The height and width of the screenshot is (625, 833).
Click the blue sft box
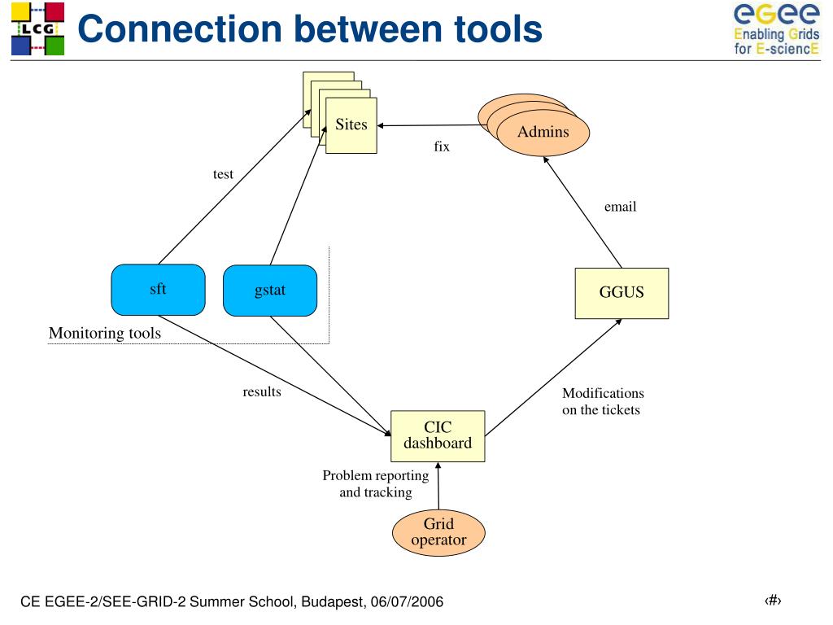click(158, 290)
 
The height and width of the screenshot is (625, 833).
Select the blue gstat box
click(270, 291)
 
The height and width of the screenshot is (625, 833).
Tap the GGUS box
click(621, 293)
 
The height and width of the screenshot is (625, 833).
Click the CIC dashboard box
click(438, 436)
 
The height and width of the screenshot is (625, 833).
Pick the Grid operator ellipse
click(438, 532)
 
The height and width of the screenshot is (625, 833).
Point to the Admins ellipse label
click(543, 132)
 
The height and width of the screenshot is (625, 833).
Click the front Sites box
click(351, 125)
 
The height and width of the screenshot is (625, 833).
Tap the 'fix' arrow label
click(442, 146)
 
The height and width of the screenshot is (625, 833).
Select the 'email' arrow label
click(620, 207)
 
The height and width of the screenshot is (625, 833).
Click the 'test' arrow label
click(223, 174)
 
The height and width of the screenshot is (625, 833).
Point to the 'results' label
click(262, 391)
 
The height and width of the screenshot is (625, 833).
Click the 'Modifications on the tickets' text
click(603, 401)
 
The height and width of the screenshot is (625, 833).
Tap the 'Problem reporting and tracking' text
click(376, 483)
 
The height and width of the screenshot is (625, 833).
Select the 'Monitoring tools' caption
click(105, 333)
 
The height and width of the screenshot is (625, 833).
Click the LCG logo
click(37, 28)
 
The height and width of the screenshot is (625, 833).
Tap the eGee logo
click(776, 28)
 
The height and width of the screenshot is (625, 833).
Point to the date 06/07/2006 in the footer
click(407, 601)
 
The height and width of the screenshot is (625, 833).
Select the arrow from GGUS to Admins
click(582, 212)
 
